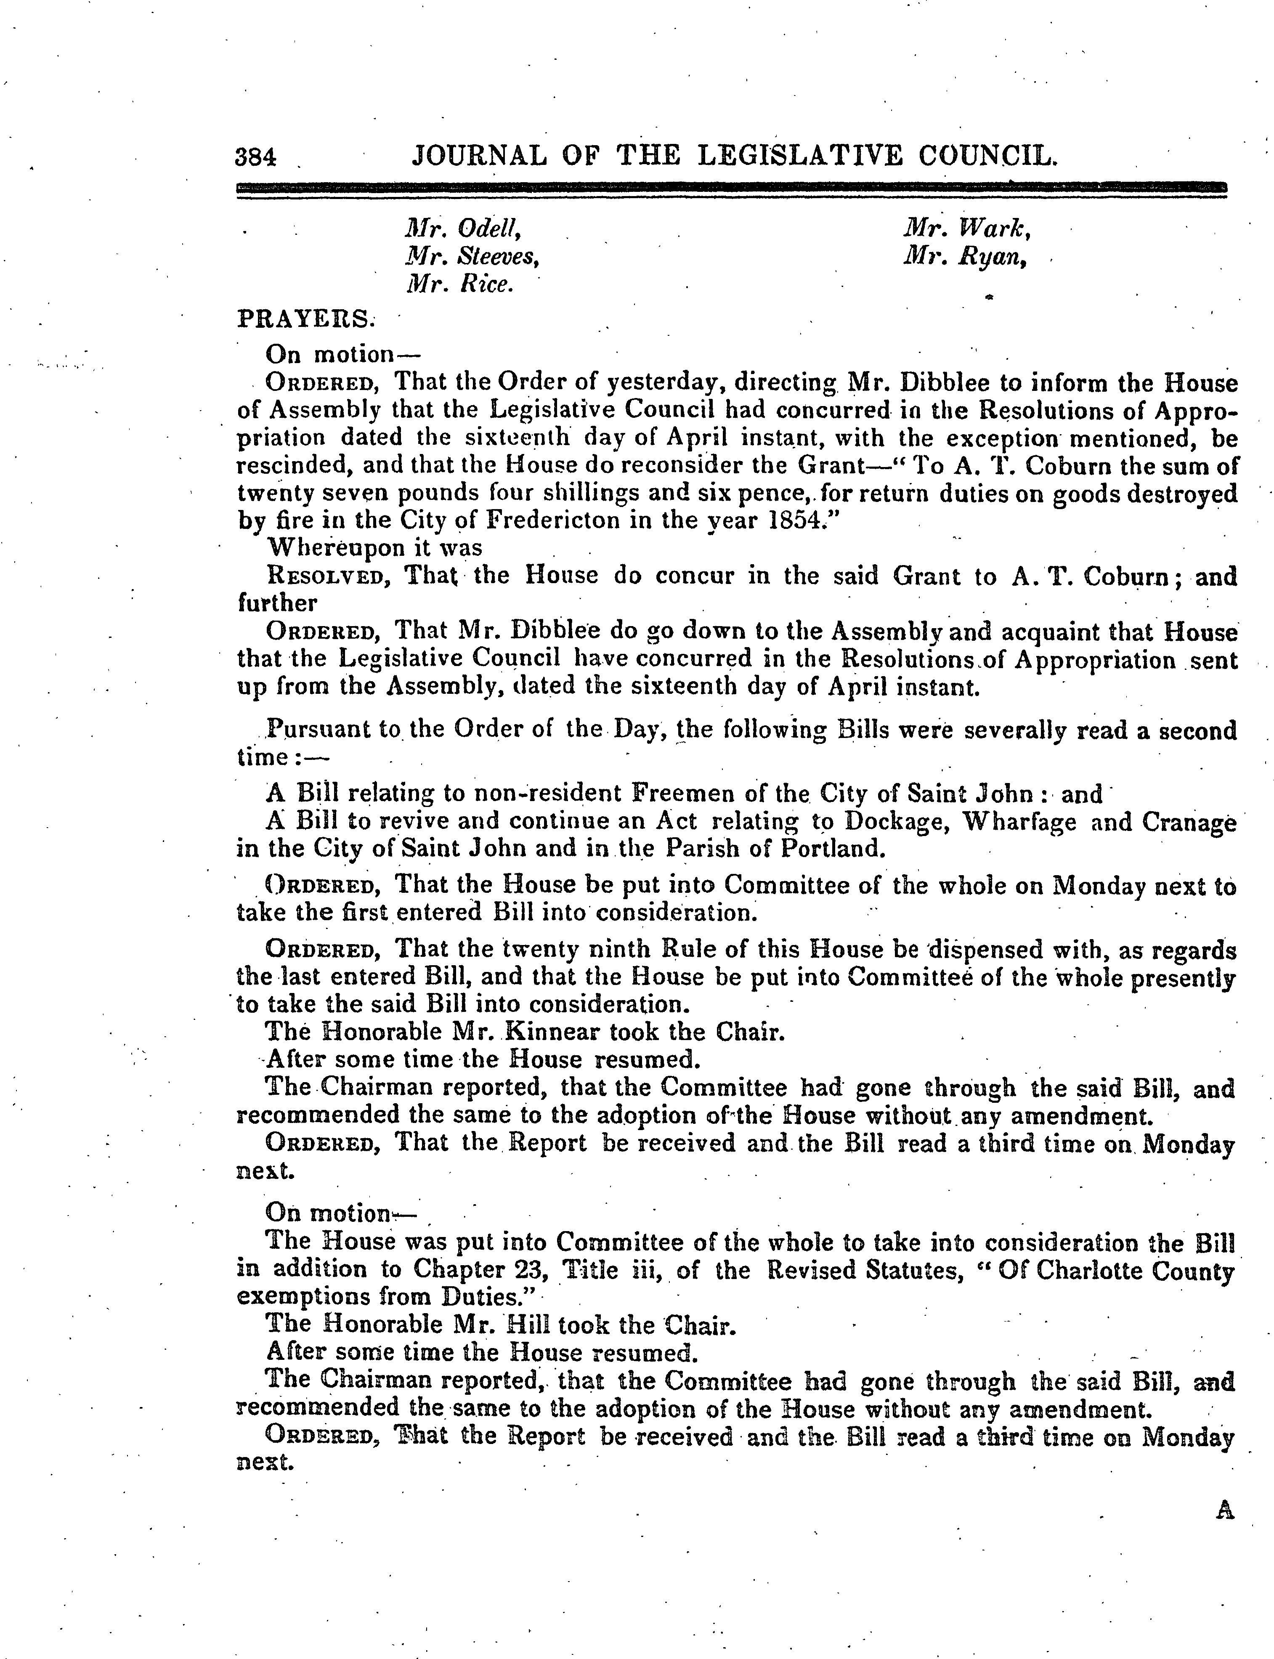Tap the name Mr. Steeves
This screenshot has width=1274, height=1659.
(x=472, y=257)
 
